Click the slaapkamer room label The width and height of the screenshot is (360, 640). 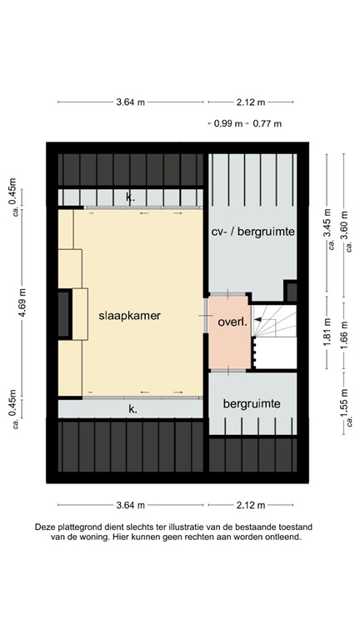pos(129,317)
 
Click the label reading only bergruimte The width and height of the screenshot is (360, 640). pos(252,403)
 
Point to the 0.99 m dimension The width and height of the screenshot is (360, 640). pos(228,124)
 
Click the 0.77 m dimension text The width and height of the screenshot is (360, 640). pos(267,124)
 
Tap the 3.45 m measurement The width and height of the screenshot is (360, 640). pos(327,222)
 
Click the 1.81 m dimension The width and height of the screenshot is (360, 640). pos(327,329)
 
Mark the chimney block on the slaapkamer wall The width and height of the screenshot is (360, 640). pos(65,313)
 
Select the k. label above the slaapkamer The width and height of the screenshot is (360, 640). pos(129,197)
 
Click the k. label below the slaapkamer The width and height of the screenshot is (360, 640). pos(132,409)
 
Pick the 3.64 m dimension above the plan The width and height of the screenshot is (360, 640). pos(131,102)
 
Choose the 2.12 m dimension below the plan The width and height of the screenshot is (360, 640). pos(250,505)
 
